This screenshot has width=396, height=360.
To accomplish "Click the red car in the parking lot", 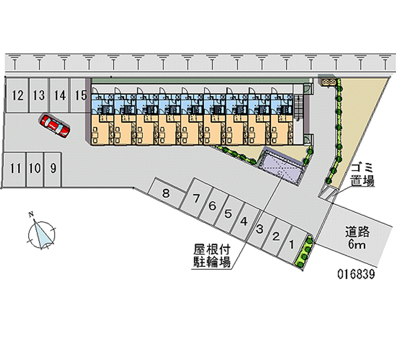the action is (x=55, y=126).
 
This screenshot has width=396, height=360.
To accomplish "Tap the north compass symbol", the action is (x=42, y=233).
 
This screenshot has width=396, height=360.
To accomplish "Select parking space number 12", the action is (x=17, y=95).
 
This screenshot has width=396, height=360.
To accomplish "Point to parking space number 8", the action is (x=166, y=193).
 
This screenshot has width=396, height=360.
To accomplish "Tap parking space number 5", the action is (x=228, y=214).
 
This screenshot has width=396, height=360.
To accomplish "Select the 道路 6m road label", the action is (x=358, y=236).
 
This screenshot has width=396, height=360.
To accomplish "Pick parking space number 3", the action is (x=259, y=229).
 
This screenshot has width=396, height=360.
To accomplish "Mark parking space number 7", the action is (x=197, y=199).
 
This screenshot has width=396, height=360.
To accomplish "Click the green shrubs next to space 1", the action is (x=305, y=252).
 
